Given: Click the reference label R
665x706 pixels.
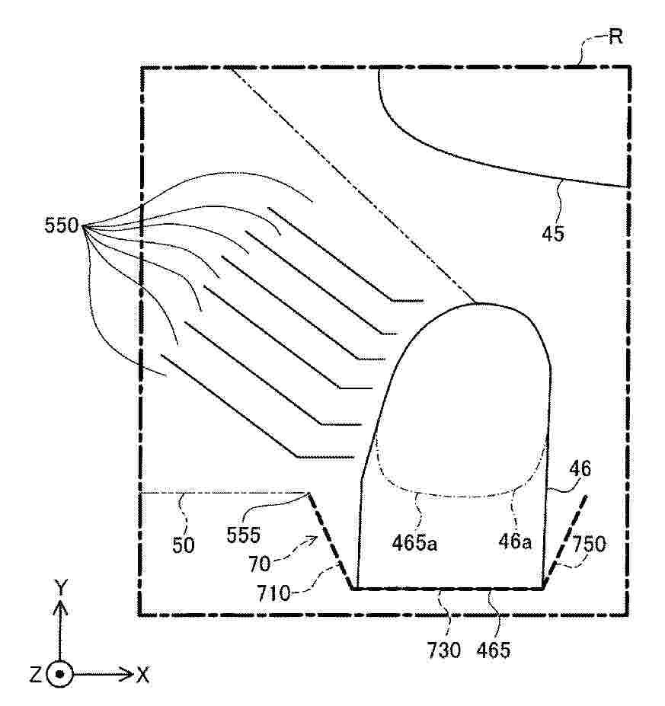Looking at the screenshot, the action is pyautogui.click(x=616, y=37).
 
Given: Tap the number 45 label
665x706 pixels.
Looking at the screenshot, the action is pyautogui.click(x=553, y=234).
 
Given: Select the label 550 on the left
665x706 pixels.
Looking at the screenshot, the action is pyautogui.click(x=62, y=225).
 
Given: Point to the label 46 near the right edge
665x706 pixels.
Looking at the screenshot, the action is pyautogui.click(x=580, y=469).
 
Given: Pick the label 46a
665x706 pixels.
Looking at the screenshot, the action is pyautogui.click(x=515, y=541).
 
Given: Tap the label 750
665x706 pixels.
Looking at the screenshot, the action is pyautogui.click(x=589, y=545).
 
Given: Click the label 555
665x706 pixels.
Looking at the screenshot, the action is pyautogui.click(x=243, y=535).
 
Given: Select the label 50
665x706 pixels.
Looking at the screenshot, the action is pyautogui.click(x=184, y=546).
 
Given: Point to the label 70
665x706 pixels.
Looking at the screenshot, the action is pyautogui.click(x=259, y=564).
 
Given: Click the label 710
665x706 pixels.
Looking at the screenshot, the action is pyautogui.click(x=273, y=594).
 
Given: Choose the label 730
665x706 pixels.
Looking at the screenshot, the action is pyautogui.click(x=444, y=650).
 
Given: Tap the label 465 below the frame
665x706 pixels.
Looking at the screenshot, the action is pyautogui.click(x=494, y=650).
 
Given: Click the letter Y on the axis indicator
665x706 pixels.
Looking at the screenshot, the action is pyautogui.click(x=61, y=587).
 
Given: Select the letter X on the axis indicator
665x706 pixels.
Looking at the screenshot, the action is pyautogui.click(x=142, y=675).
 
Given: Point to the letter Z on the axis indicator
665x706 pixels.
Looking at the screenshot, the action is pyautogui.click(x=36, y=675).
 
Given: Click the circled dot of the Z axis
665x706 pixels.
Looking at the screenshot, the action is pyautogui.click(x=59, y=674).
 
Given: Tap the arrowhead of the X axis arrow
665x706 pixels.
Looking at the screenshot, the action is pyautogui.click(x=127, y=674).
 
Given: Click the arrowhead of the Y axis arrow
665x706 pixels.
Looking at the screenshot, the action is pyautogui.click(x=60, y=608).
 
